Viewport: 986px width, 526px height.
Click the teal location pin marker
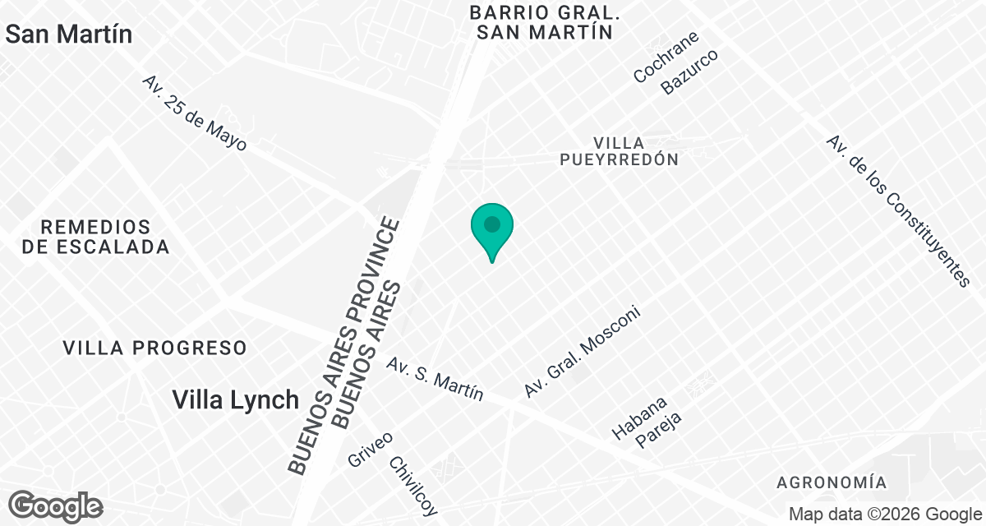click(x=492, y=227)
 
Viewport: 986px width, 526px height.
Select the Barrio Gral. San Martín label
click(x=543, y=22)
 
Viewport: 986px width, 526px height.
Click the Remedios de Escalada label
click(x=96, y=236)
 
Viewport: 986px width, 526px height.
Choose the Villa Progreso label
click(x=155, y=348)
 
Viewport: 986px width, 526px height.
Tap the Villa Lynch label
click(x=236, y=400)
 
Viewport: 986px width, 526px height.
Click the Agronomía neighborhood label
click(x=832, y=482)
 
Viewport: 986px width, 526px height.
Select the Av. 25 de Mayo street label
click(x=194, y=113)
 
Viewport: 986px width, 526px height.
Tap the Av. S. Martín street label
click(x=435, y=378)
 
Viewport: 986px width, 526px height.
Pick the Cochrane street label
click(x=666, y=58)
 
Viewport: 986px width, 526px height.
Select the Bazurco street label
click(x=690, y=72)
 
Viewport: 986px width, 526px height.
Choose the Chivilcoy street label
click(x=413, y=484)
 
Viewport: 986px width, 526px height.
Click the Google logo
click(x=56, y=505)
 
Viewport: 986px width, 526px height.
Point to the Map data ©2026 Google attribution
click(x=884, y=514)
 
